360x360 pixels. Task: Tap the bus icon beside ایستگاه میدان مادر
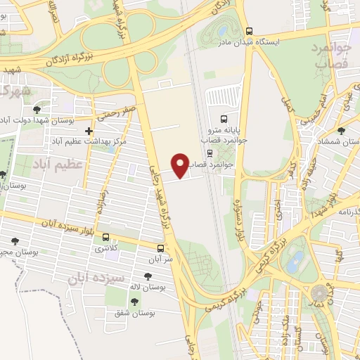[x=250, y=31]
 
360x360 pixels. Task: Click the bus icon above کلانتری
[x=105, y=237]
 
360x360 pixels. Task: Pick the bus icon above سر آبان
[x=161, y=248]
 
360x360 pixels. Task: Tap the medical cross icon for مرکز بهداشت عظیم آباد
[x=89, y=131]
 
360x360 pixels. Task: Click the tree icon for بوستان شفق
[x=134, y=301]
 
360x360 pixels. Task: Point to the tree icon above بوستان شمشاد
[x=341, y=131]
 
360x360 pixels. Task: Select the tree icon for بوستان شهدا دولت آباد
[x=37, y=110]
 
